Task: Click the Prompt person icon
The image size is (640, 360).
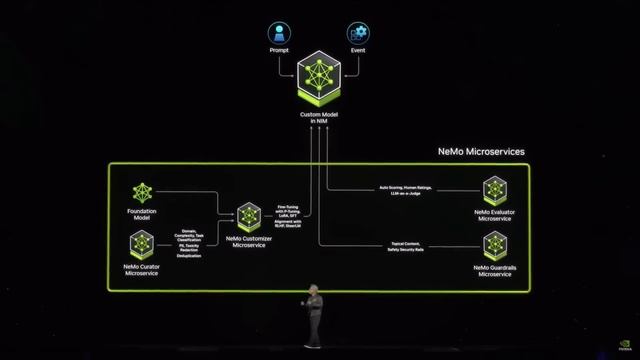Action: [279, 32]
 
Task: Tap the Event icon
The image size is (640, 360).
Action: [357, 32]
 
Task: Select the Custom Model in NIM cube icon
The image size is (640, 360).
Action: [318, 81]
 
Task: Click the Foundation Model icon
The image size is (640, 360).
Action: [141, 192]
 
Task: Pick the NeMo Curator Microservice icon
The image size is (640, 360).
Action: [141, 244]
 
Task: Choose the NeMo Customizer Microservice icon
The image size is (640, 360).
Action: [249, 216]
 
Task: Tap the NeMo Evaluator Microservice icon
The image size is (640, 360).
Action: [495, 190]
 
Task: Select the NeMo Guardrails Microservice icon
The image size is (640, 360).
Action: [495, 245]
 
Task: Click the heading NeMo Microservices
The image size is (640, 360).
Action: [481, 152]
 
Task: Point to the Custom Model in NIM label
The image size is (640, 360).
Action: [318, 118]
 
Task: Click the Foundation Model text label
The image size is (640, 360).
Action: [141, 214]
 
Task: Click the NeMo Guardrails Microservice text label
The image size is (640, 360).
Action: [495, 271]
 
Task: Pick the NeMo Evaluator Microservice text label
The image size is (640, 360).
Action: [495, 215]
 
